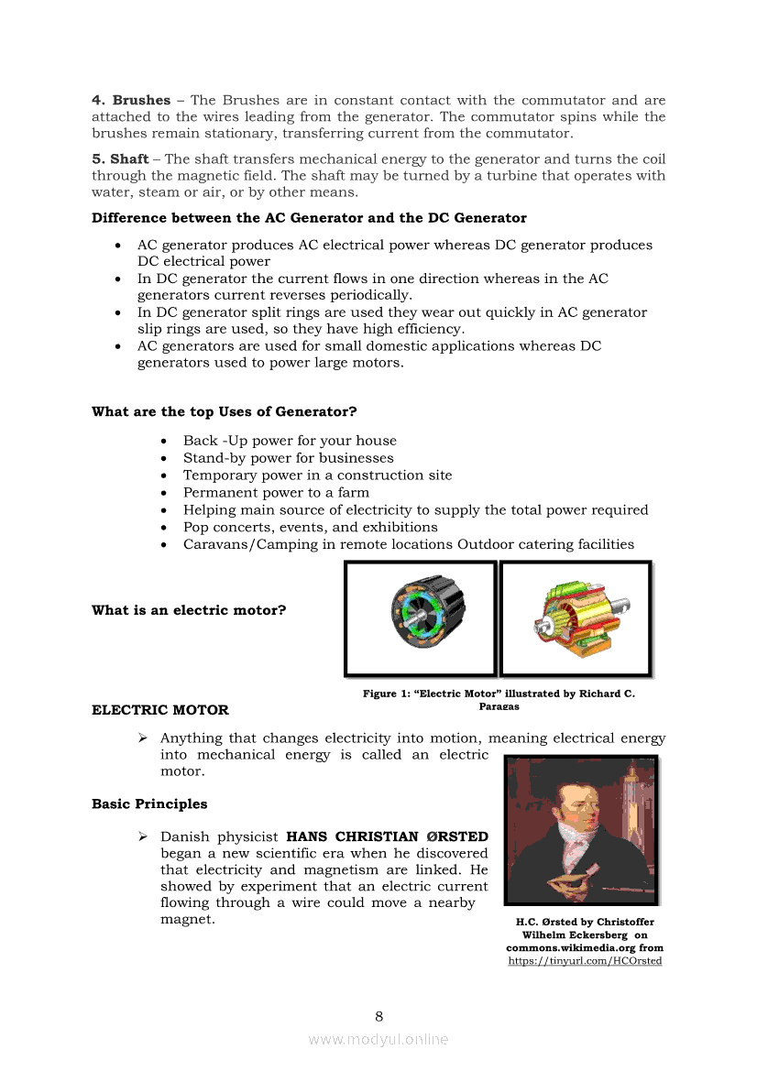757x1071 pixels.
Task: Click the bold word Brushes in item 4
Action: [x=140, y=100]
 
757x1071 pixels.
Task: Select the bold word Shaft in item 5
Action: [x=129, y=158]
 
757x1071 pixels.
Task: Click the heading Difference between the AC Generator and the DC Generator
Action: [x=309, y=218]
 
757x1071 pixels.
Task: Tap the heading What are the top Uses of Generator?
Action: [x=224, y=411]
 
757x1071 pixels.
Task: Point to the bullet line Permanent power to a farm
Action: [x=276, y=492]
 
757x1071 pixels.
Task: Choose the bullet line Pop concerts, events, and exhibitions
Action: [x=310, y=527]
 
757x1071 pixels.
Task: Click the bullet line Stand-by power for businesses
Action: [x=288, y=458]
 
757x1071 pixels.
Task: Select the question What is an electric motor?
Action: [x=189, y=610]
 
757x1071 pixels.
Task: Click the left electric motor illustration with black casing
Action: [x=422, y=617]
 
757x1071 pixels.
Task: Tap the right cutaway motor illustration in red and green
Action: [x=575, y=618]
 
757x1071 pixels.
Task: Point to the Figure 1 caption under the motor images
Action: [x=499, y=699]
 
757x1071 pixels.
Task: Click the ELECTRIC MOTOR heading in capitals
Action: [x=160, y=710]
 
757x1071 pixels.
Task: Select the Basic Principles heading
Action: [x=149, y=804]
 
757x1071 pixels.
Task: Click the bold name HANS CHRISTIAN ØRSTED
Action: [x=387, y=836]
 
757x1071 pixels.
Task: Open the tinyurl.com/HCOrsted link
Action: [x=585, y=960]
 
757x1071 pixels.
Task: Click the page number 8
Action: [x=378, y=1015]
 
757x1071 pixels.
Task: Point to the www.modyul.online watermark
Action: [x=378, y=1039]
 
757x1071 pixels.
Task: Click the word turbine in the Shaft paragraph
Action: [x=494, y=175]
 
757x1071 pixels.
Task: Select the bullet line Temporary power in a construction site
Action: [x=317, y=475]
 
